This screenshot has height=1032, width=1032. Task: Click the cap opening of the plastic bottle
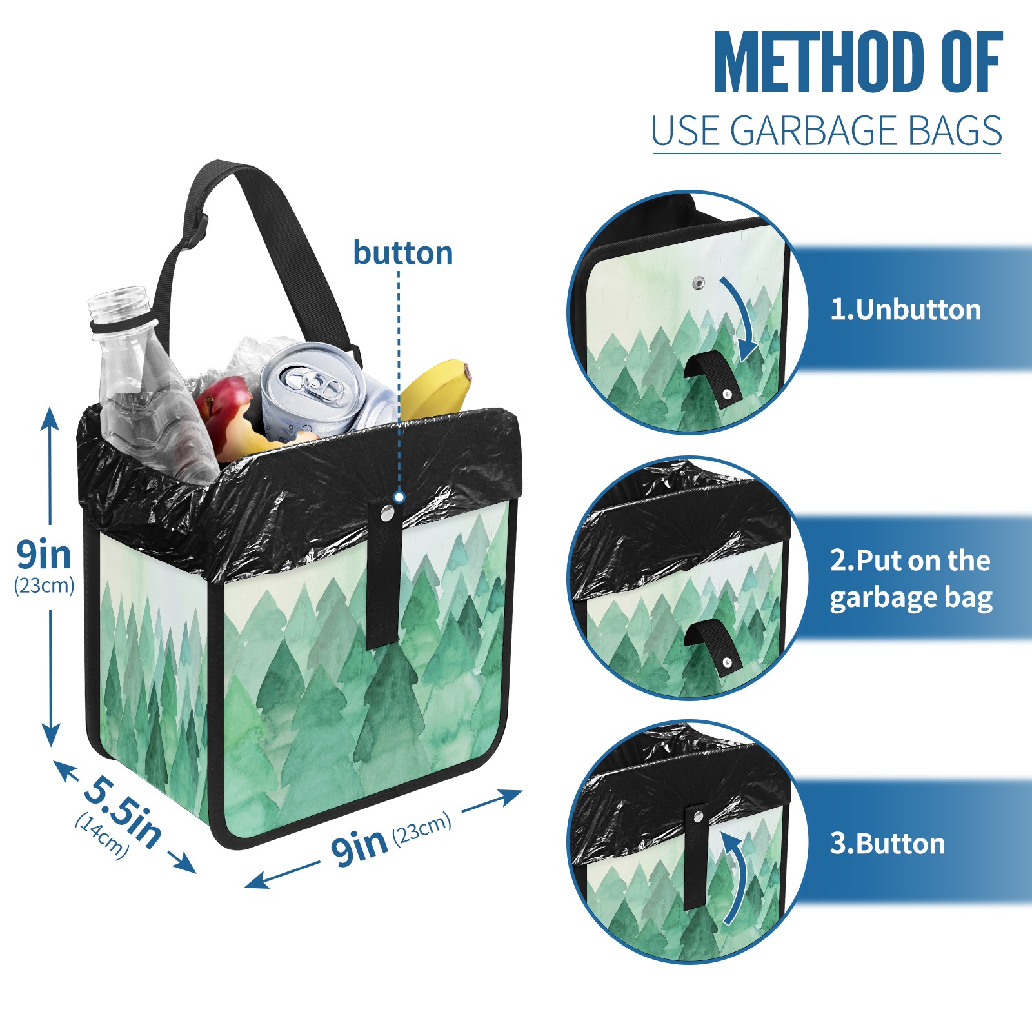(x=119, y=298)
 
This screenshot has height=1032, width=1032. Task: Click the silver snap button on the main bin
(x=387, y=513)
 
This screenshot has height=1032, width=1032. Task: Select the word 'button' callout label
(x=403, y=253)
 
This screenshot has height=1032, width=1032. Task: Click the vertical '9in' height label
(x=44, y=554)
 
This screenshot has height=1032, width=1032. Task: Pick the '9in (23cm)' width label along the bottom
(x=391, y=838)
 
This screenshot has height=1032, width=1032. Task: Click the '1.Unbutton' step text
(x=905, y=310)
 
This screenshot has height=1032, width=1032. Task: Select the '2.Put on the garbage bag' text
(x=911, y=579)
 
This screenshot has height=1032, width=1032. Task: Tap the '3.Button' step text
(x=888, y=844)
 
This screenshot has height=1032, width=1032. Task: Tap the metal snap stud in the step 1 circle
(x=698, y=283)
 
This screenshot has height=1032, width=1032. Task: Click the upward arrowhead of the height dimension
(x=50, y=419)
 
